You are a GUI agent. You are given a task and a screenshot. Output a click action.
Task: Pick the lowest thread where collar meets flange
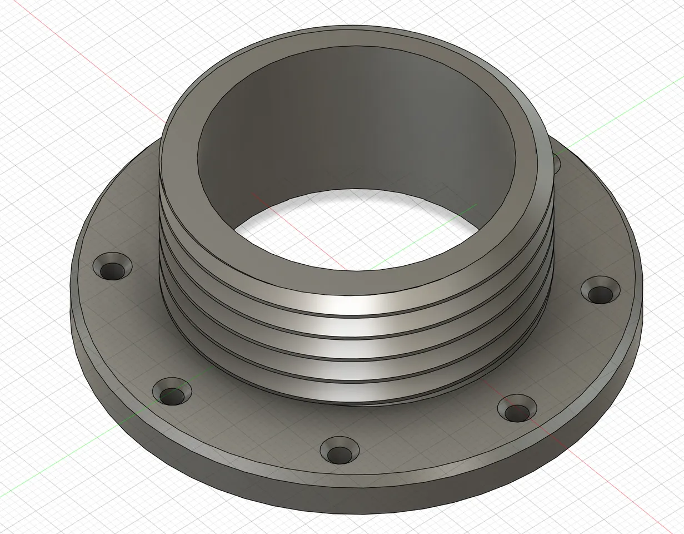[356, 398]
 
